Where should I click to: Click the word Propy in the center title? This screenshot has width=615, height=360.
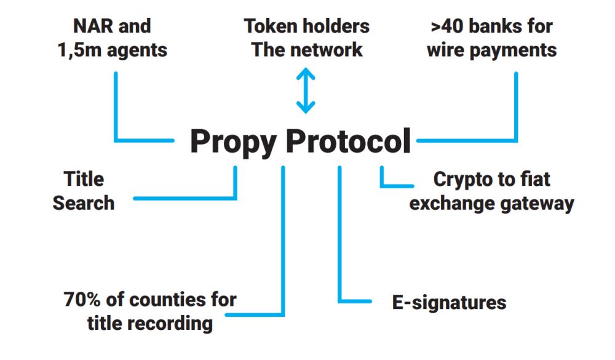pyautogui.click(x=234, y=142)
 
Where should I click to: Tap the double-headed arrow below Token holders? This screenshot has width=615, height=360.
pyautogui.click(x=306, y=91)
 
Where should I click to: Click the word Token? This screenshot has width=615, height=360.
pyautogui.click(x=274, y=26)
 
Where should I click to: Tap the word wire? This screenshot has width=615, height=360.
pyautogui.click(x=448, y=50)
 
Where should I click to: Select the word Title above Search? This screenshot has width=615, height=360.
pyautogui.click(x=84, y=179)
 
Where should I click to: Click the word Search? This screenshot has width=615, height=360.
pyautogui.click(x=84, y=203)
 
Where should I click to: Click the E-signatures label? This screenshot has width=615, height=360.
pyautogui.click(x=449, y=302)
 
